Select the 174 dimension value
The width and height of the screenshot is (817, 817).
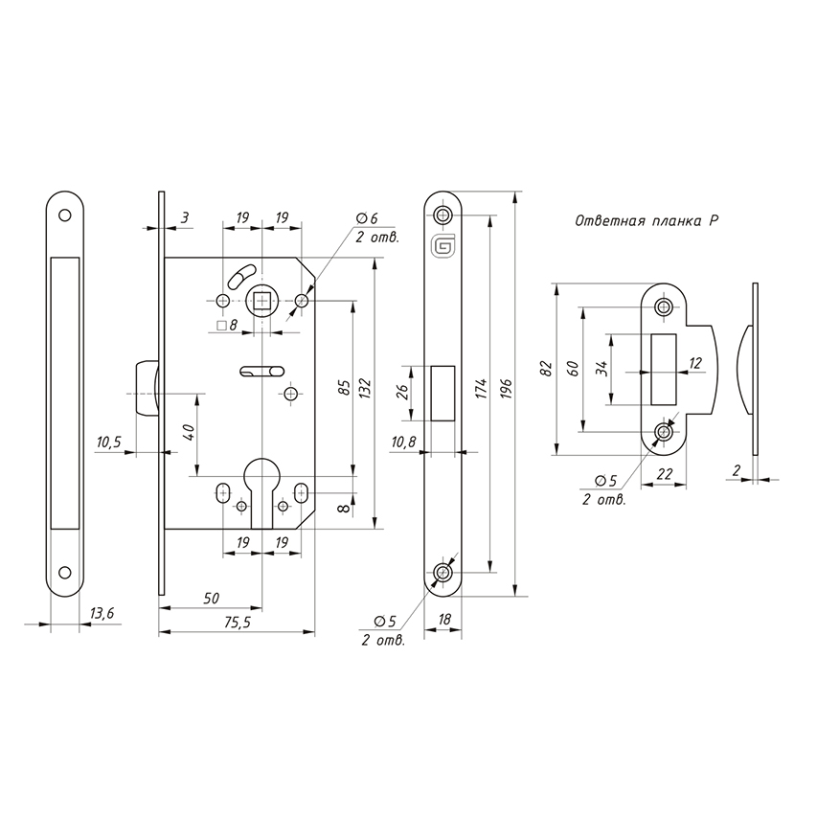[481, 389]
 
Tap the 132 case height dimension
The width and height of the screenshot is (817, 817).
[365, 389]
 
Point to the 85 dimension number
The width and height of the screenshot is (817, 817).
[345, 389]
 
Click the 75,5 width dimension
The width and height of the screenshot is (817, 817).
[236, 623]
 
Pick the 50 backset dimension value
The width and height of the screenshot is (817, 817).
[211, 599]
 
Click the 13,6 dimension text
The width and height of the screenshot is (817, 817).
[102, 614]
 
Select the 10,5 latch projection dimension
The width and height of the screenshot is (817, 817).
[108, 443]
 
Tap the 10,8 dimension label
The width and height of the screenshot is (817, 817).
[403, 443]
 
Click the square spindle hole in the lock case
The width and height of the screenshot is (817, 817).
[262, 301]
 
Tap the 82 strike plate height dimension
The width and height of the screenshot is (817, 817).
[546, 368]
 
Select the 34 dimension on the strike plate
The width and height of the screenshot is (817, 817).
[601, 369]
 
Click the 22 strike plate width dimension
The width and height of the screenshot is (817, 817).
[665, 474]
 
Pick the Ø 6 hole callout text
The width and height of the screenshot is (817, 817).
[367, 218]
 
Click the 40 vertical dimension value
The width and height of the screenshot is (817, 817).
[189, 431]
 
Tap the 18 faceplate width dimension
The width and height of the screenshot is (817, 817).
[443, 619]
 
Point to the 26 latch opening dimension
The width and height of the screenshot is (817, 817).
[401, 393]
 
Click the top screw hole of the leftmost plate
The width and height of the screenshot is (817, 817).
[64, 215]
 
